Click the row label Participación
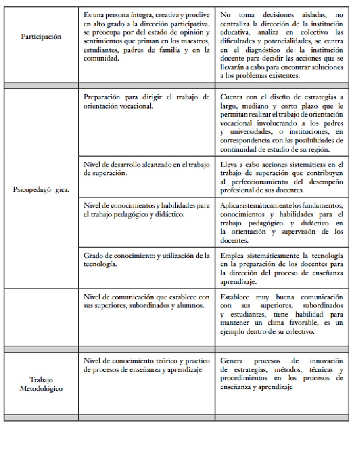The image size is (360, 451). click(41, 37)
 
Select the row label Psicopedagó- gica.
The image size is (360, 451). click(41, 189)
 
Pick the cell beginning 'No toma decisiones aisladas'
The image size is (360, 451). click(281, 45)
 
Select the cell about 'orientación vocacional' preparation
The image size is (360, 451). click(147, 101)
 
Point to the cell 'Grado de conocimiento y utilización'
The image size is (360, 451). click(147, 260)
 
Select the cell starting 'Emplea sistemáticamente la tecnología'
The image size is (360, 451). click(281, 268)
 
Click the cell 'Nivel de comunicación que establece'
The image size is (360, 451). click(147, 301)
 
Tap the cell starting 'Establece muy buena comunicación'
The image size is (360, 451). click(281, 314)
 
